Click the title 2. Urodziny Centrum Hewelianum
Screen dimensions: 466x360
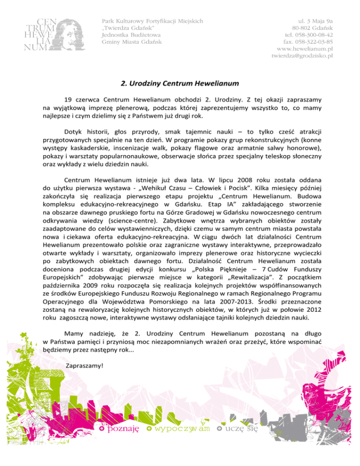[x=180, y=84]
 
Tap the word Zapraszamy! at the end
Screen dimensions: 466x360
[x=85, y=365]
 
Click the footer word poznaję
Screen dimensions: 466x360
[x=123, y=428]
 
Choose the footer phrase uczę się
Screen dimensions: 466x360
[x=242, y=428]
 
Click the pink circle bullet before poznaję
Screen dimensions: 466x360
[x=102, y=429]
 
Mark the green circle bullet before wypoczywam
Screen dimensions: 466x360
[x=149, y=429]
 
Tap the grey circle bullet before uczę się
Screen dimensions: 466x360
[x=219, y=429]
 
